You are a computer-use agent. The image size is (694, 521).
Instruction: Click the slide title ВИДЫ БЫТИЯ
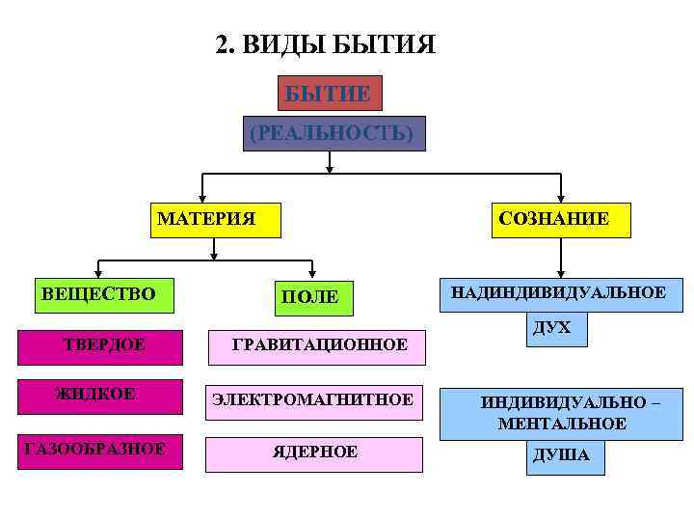325,45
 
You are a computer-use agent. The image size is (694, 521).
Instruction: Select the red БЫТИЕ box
328,94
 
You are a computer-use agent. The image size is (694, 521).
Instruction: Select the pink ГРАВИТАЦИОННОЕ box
318,345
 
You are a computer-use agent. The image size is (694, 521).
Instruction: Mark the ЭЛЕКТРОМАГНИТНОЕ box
314,400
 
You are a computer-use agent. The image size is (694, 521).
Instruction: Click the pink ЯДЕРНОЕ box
314,452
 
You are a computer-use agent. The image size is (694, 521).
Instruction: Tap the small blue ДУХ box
552,330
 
